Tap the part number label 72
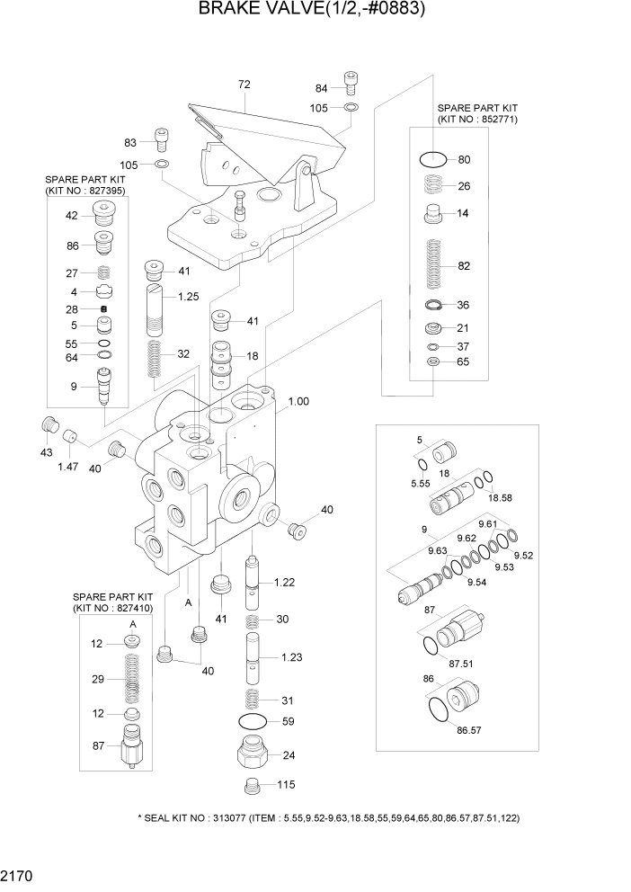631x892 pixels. click(244, 85)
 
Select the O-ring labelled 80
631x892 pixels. click(432, 160)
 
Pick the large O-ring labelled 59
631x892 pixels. click(253, 721)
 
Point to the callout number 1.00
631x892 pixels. click(298, 401)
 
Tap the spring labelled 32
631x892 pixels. click(154, 357)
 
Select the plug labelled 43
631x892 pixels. click(50, 425)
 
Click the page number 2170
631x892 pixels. click(18, 874)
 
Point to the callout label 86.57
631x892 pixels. click(469, 730)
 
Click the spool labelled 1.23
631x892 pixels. click(253, 659)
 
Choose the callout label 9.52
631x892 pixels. click(524, 556)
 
